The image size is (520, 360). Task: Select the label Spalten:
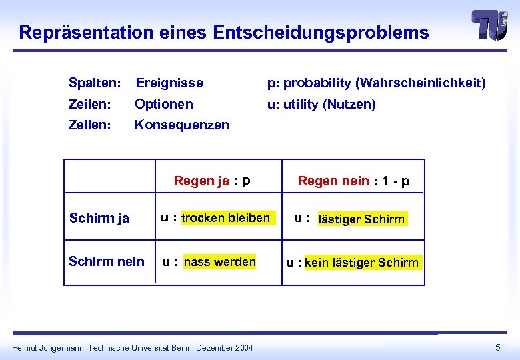click(95, 83)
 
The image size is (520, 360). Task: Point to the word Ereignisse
click(169, 83)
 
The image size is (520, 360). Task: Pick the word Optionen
click(164, 104)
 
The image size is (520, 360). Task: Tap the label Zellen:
click(91, 125)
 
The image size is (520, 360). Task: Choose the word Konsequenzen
click(181, 125)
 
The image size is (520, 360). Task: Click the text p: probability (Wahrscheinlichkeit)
click(376, 83)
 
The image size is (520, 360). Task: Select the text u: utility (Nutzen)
click(321, 104)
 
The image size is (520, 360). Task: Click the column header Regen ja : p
click(212, 181)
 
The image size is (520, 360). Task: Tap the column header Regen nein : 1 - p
click(353, 181)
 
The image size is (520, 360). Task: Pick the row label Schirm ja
click(99, 218)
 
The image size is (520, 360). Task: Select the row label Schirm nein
click(106, 261)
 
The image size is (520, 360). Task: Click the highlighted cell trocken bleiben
click(226, 218)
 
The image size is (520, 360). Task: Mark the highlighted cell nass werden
click(220, 262)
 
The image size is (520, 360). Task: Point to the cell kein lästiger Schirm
click(362, 263)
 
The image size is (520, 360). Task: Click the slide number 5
click(497, 347)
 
